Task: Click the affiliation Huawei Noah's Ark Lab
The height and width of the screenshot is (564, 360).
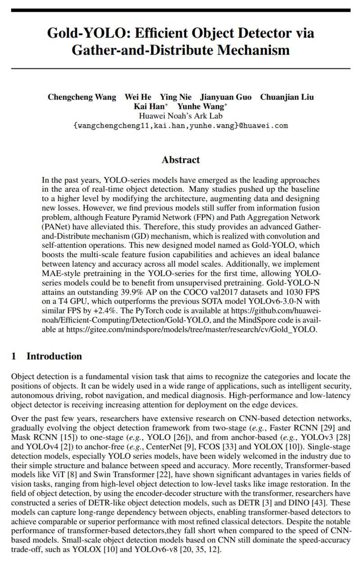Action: (180, 116)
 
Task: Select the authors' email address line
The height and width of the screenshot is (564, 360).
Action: (180, 125)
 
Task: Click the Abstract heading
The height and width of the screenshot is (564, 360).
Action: (180, 160)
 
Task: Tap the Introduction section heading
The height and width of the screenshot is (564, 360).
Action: (54, 356)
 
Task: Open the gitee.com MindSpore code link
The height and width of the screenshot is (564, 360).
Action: (191, 329)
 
